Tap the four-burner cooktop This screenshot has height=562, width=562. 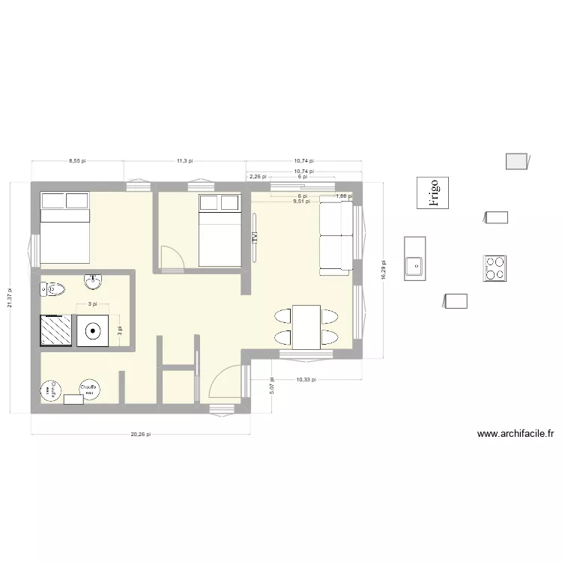[495, 268]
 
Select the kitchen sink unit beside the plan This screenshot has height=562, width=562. [414, 259]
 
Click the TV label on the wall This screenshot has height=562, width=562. [255, 236]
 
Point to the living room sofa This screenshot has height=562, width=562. [336, 235]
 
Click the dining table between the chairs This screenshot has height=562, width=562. [306, 327]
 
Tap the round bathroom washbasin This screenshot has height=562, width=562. [93, 282]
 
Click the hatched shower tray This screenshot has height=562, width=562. [55, 330]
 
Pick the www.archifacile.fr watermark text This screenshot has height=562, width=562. [515, 433]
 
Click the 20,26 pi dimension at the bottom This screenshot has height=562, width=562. [140, 434]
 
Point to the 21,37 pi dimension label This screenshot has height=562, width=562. [10, 297]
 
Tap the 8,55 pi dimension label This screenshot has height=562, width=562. [77, 160]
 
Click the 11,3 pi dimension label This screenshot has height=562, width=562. [185, 160]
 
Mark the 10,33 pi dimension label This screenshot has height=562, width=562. [306, 380]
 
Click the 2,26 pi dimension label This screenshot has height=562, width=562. [258, 177]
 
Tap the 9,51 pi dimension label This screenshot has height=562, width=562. [301, 201]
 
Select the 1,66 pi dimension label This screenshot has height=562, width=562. [342, 196]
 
